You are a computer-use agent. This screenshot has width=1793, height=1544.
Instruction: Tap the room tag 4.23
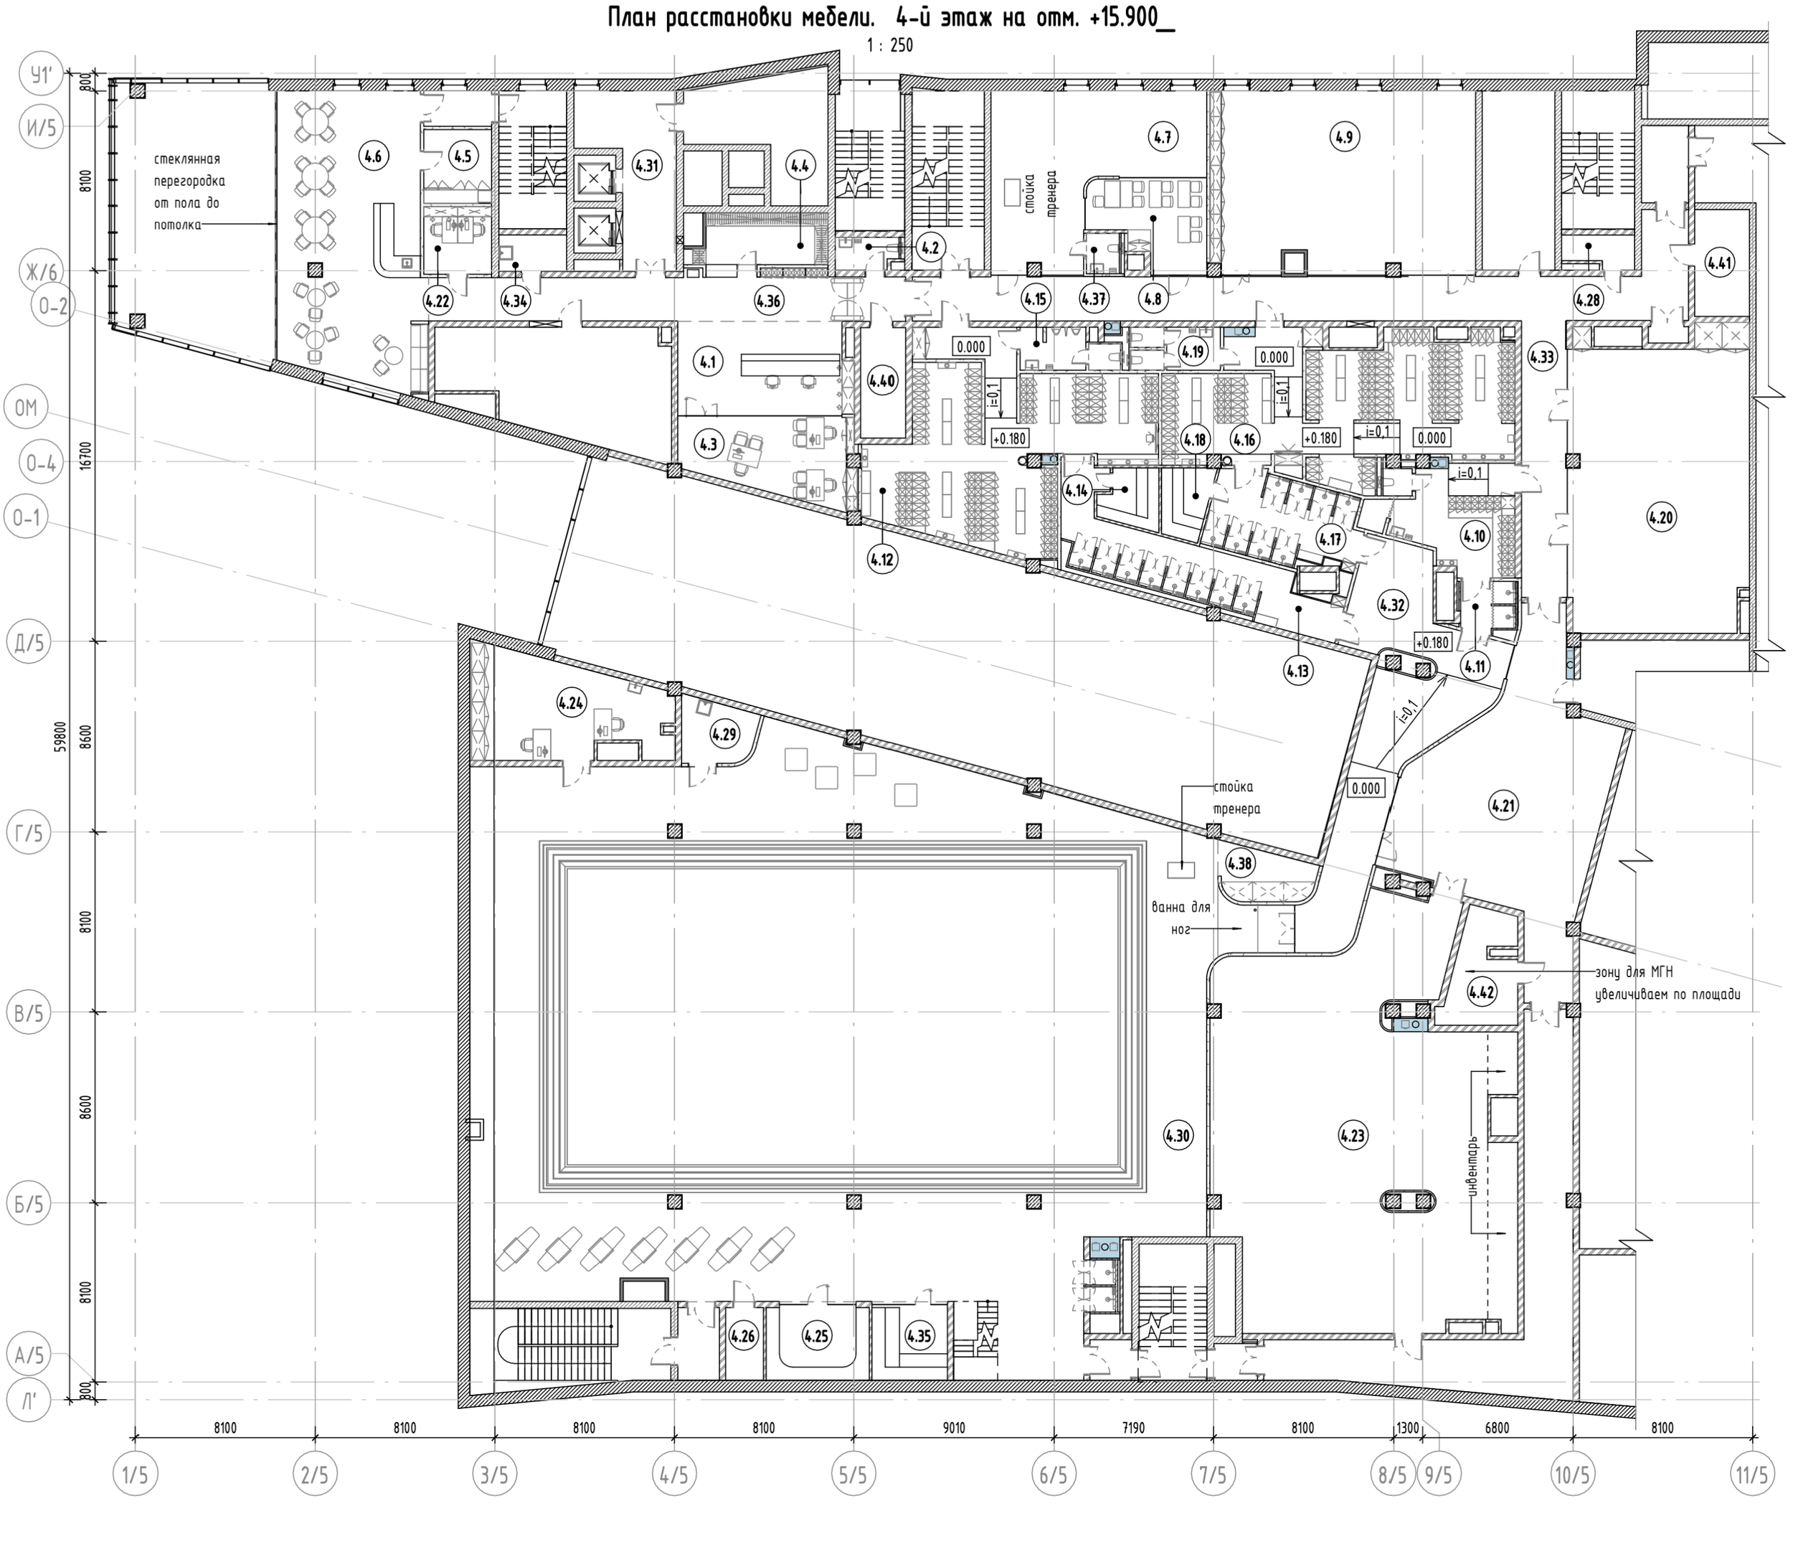click(1353, 1134)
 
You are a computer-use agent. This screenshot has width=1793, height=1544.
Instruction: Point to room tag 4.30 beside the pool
click(1178, 1134)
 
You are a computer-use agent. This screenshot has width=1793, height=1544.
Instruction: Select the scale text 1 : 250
click(889, 46)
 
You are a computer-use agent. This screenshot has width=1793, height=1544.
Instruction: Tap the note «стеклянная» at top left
click(187, 159)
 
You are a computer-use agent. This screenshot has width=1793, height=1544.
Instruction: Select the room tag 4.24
click(570, 702)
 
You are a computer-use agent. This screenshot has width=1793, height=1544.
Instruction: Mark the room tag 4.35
click(919, 1336)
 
